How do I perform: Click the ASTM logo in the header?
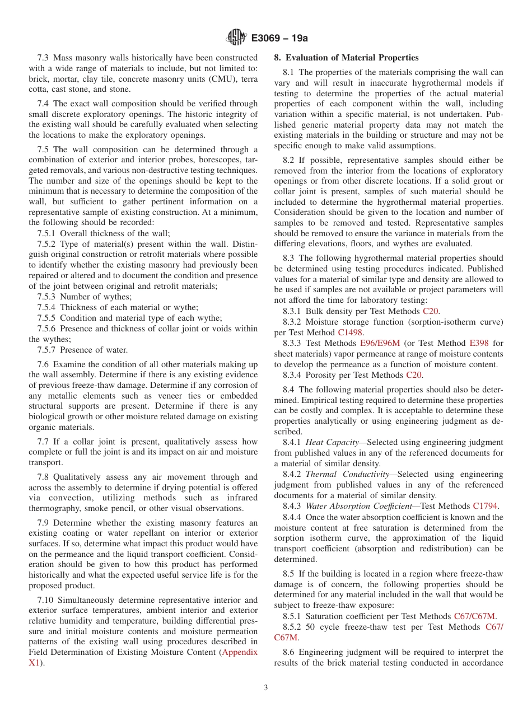pyautogui.click(x=236, y=38)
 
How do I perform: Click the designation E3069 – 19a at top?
pyautogui.click(x=280, y=38)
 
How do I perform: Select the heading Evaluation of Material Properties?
pyautogui.click(x=352, y=58)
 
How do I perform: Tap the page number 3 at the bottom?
pyautogui.click(x=266, y=688)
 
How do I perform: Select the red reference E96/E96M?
pyautogui.click(x=380, y=343)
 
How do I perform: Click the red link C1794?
pyautogui.click(x=485, y=506)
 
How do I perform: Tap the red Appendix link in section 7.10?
pyautogui.click(x=240, y=652)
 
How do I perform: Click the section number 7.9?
pyautogui.click(x=44, y=523)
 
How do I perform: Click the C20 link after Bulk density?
pyautogui.click(x=431, y=311)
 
